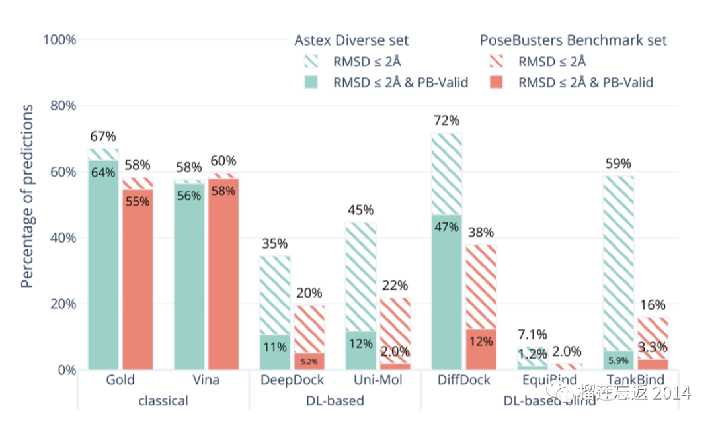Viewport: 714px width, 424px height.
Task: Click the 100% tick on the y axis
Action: click(x=59, y=40)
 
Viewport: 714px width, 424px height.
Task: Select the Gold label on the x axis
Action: click(x=120, y=380)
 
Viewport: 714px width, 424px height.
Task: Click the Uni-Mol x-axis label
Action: click(x=377, y=380)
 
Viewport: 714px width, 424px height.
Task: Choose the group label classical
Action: click(x=163, y=401)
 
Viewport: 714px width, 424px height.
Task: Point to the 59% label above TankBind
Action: click(x=618, y=164)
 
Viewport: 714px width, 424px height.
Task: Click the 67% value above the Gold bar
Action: click(x=103, y=137)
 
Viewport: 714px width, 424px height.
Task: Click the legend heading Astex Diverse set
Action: click(x=351, y=40)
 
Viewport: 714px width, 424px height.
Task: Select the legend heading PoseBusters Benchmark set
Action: click(x=573, y=40)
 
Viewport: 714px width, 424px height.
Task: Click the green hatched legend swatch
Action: click(x=311, y=62)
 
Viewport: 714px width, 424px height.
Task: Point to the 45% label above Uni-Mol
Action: click(x=360, y=210)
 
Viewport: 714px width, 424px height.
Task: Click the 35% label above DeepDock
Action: click(x=275, y=243)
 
